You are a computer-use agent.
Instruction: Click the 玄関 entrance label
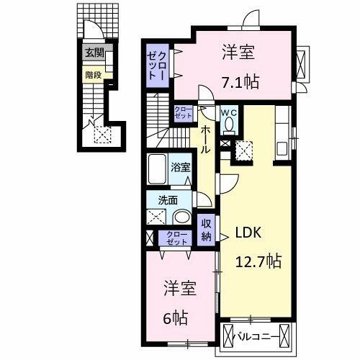tap(94, 53)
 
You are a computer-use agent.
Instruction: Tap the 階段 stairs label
tap(94, 73)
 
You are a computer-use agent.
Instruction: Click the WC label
tap(229, 112)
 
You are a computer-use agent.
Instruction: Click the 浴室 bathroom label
tap(181, 167)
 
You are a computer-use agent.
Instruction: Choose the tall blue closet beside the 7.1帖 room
tap(158, 66)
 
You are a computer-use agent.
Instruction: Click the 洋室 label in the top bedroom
tap(239, 52)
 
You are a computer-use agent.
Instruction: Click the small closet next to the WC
tap(182, 113)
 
